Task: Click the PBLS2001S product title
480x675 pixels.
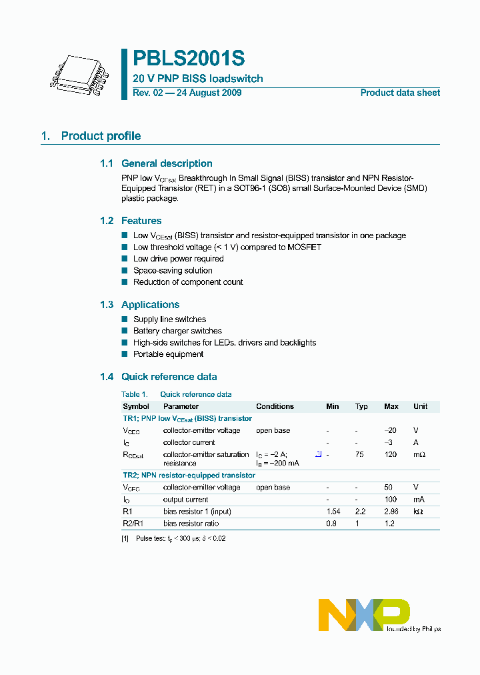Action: point(189,59)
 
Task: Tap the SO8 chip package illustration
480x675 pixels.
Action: point(79,73)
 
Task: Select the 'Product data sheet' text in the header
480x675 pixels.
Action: point(400,93)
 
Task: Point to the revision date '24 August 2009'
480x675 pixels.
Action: point(209,93)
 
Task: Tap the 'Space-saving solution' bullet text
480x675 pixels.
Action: point(173,271)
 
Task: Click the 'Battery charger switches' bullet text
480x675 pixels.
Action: point(177,331)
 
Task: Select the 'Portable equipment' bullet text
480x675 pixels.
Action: point(168,354)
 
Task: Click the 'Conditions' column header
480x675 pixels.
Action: point(275,406)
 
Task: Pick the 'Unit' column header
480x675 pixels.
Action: point(420,406)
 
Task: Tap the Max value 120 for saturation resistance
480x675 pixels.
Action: point(391,455)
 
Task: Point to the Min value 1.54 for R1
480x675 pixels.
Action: point(333,512)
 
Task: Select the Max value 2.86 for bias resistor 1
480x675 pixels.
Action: point(391,512)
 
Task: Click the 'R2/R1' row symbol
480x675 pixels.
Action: point(133,524)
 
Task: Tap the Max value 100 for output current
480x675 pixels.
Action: point(391,500)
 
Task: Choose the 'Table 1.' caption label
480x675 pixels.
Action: point(134,394)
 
